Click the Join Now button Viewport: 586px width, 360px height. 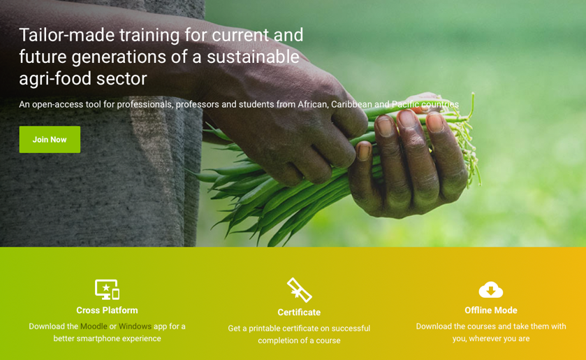pos(50,140)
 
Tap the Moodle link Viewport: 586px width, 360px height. pos(94,326)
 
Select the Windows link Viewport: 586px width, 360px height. pos(135,326)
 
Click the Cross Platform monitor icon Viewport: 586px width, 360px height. pos(108,289)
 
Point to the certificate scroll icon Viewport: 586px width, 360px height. pos(300,290)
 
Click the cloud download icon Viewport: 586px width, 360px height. pos(491,289)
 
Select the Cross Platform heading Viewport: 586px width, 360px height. pos(107,310)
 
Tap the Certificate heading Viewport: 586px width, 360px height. pos(299,312)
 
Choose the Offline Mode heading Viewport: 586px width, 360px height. pos(491,310)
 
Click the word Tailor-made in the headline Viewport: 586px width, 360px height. pos(67,35)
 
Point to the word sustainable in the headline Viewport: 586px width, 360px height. pos(253,57)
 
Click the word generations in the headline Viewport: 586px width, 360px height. pos(119,57)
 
